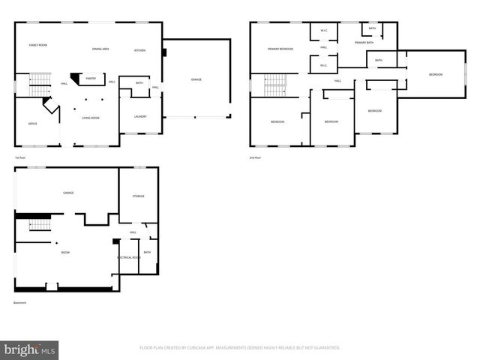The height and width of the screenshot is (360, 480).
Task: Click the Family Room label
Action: point(38,46)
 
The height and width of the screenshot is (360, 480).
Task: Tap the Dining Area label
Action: point(100,49)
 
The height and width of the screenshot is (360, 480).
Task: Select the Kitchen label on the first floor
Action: point(139,49)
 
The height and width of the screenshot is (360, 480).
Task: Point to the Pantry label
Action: point(91,78)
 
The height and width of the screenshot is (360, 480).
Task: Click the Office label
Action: point(32,124)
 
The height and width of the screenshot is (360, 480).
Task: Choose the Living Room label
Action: point(91,118)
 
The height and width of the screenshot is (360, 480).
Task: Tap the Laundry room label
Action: point(140,117)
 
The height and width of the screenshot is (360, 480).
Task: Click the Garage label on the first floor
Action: point(196,79)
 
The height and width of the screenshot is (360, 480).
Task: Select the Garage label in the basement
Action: point(67,193)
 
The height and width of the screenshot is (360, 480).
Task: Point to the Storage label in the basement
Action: point(139,196)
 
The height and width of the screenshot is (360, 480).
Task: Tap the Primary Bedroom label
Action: point(280,49)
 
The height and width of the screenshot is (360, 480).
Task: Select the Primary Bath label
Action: point(364,43)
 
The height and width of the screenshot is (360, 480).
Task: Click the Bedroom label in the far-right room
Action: point(436,74)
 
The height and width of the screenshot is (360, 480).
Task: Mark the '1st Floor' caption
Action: point(20,157)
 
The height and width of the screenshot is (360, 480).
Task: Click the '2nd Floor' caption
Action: point(256,157)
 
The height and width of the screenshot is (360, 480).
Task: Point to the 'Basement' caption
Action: point(20,303)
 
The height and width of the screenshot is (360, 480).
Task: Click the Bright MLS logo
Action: point(30,349)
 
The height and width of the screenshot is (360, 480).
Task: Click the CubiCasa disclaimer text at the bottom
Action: point(240,348)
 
